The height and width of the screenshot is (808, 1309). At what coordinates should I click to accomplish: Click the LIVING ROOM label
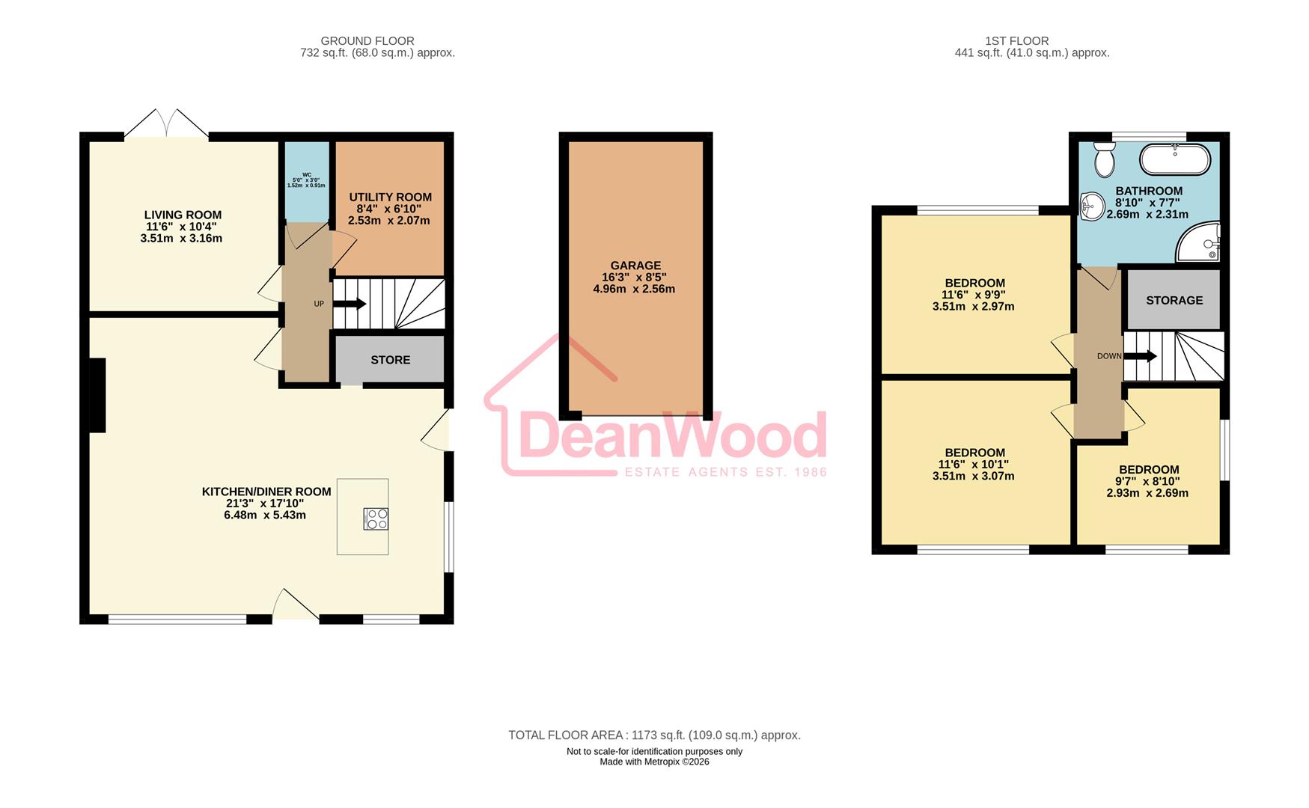pyautogui.click(x=183, y=215)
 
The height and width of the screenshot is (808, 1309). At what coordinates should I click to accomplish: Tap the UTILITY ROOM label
pyautogui.click(x=390, y=198)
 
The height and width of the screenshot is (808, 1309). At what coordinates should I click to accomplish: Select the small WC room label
pyautogui.click(x=307, y=175)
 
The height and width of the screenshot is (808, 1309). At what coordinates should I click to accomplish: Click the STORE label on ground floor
pyautogui.click(x=390, y=360)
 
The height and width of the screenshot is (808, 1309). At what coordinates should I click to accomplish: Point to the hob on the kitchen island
pyautogui.click(x=376, y=518)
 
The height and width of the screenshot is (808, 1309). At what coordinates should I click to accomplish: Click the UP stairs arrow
pyautogui.click(x=349, y=304)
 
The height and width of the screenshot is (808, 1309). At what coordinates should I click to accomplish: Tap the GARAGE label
pyautogui.click(x=635, y=266)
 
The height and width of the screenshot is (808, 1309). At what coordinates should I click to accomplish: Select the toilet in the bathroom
pyautogui.click(x=1104, y=159)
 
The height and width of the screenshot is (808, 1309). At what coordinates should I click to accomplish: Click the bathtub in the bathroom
pyautogui.click(x=1174, y=159)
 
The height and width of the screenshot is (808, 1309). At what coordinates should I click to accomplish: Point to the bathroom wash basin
pyautogui.click(x=1092, y=203)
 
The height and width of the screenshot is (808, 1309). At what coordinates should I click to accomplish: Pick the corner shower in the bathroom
pyautogui.click(x=1200, y=242)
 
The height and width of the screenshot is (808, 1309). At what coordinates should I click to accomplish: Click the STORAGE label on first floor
pyautogui.click(x=1174, y=300)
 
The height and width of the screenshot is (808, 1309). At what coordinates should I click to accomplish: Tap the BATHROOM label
pyautogui.click(x=1149, y=192)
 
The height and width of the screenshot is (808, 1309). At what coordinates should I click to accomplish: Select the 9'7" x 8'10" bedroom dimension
pyautogui.click(x=1149, y=482)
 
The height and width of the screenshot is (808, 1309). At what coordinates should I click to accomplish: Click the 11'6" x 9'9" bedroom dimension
pyautogui.click(x=974, y=295)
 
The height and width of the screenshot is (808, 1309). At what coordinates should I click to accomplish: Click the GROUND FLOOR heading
pyautogui.click(x=367, y=41)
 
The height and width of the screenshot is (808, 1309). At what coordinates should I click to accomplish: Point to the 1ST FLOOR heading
pyautogui.click(x=1016, y=41)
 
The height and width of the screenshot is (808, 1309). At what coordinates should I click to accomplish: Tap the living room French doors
pyautogui.click(x=166, y=124)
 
